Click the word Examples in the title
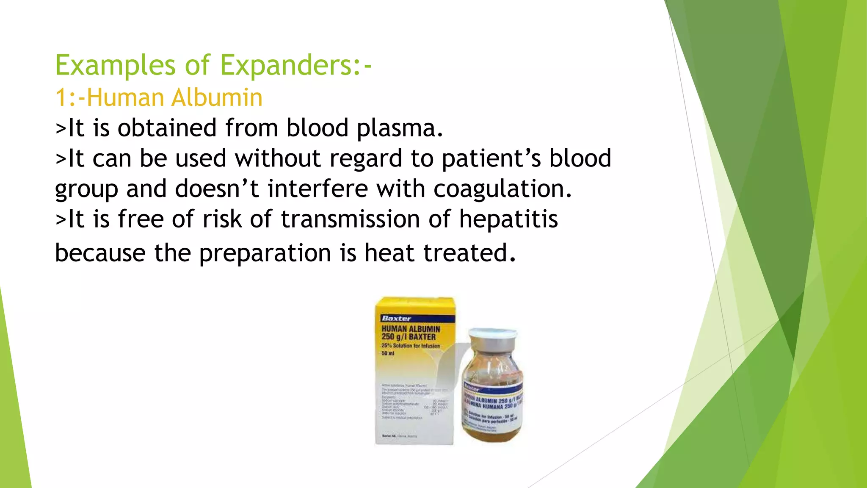(115, 66)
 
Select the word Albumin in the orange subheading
(217, 97)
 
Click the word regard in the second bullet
(365, 158)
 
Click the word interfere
(318, 189)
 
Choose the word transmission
(350, 219)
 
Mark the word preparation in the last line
(265, 253)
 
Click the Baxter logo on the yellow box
(396, 319)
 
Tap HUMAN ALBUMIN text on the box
(411, 329)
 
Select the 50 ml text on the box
(388, 353)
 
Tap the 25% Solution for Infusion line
(411, 346)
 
